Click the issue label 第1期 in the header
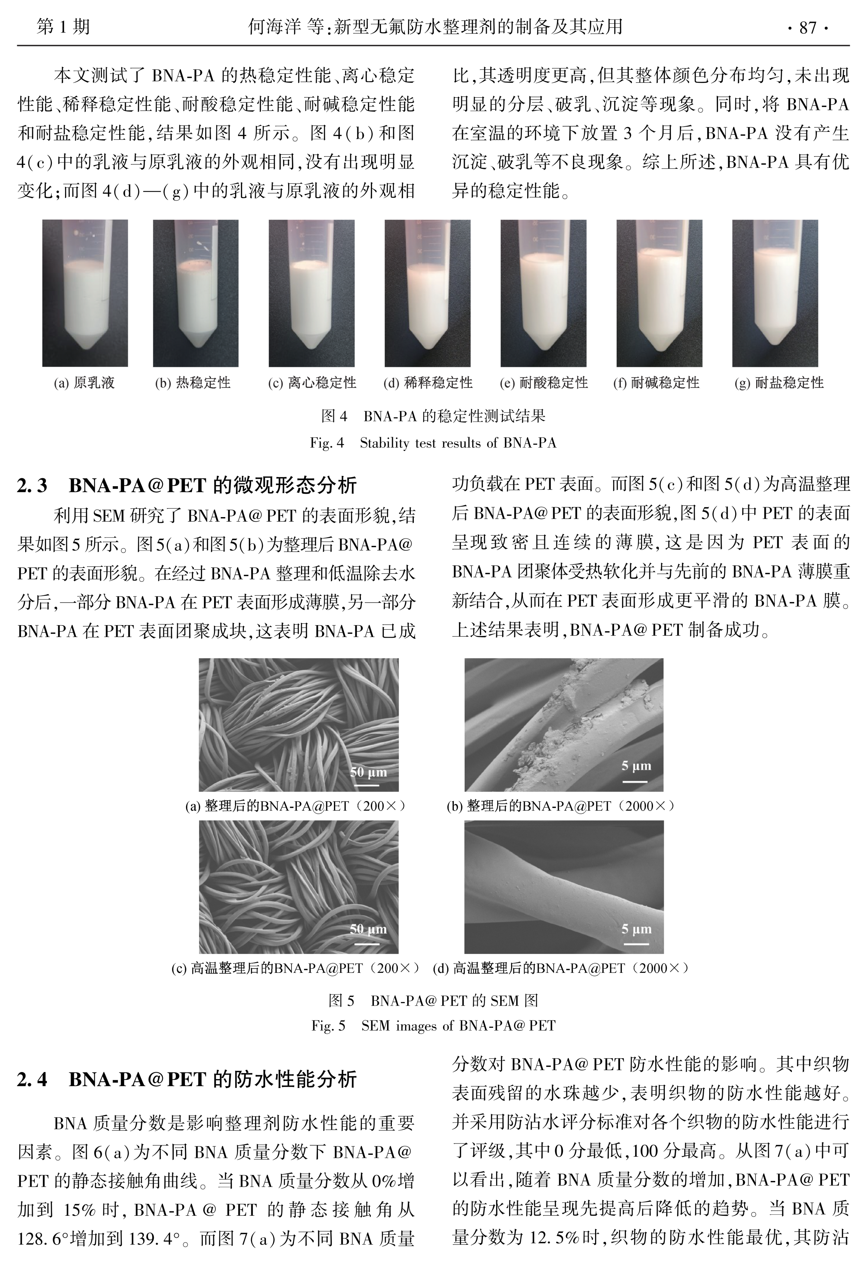click(x=63, y=26)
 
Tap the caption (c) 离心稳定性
click(x=312, y=383)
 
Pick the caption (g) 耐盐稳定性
click(x=779, y=383)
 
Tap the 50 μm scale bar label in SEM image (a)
click(x=368, y=772)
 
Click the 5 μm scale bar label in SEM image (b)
click(x=636, y=765)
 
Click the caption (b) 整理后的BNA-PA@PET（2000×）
click(x=562, y=805)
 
